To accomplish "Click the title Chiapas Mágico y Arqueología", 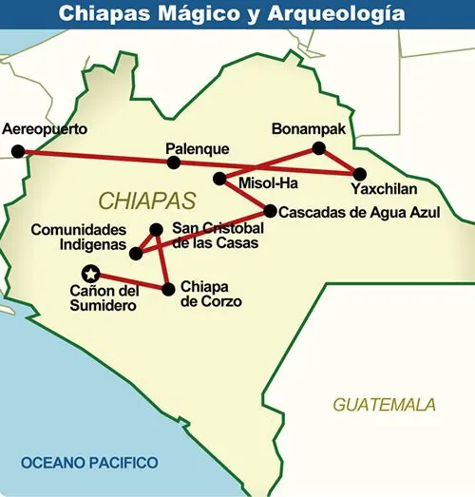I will click(x=237, y=14).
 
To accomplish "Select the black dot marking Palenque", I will click(x=174, y=162).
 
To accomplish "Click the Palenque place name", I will click(x=198, y=148).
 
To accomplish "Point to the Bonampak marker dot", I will click(x=319, y=147).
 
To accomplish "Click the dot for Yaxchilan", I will click(x=359, y=173).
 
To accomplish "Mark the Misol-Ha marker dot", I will click(x=219, y=178).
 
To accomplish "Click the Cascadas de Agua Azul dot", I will click(x=270, y=211).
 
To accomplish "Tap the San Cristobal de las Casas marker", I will click(x=157, y=229).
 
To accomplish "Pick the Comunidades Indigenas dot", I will click(x=135, y=253).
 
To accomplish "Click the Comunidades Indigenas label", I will click(x=78, y=238).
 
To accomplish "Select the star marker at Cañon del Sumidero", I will click(x=91, y=272).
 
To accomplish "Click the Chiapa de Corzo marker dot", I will click(x=168, y=288).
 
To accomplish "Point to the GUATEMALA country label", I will click(x=384, y=404).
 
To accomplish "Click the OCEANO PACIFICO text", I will click(x=89, y=463).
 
